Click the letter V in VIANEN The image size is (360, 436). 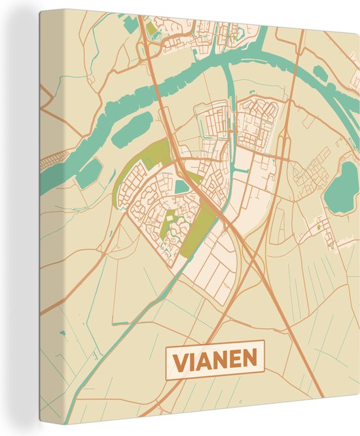point(177,360)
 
